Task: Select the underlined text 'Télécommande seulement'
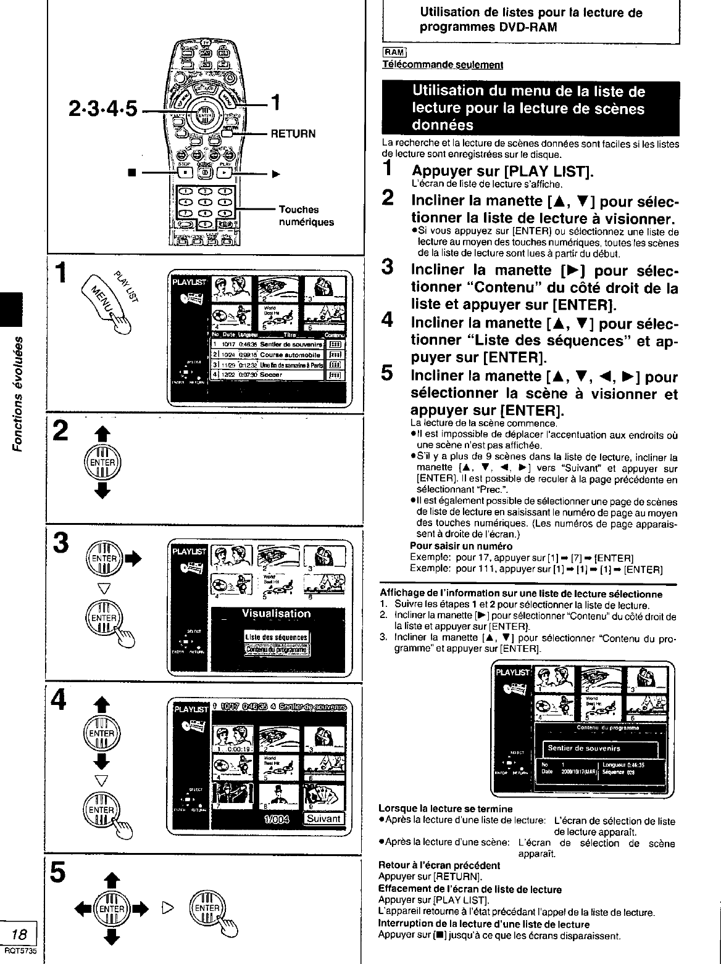[443, 64]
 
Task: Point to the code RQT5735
[19, 950]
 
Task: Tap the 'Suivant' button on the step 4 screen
[323, 818]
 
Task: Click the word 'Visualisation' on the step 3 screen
[276, 614]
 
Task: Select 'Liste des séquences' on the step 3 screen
[276, 637]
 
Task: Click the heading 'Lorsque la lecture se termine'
[445, 809]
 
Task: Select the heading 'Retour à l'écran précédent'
[439, 865]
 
